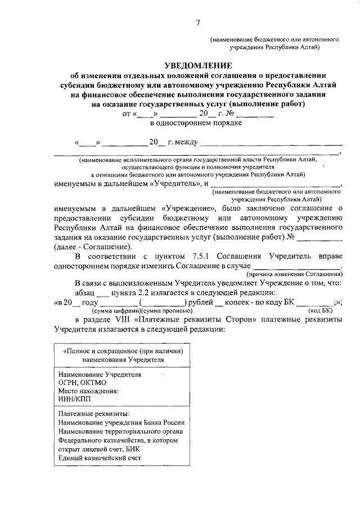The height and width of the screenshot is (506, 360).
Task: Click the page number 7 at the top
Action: click(x=198, y=22)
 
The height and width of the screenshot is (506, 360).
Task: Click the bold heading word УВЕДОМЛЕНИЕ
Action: click(x=198, y=66)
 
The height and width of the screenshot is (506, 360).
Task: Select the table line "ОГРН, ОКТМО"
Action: click(x=82, y=382)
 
